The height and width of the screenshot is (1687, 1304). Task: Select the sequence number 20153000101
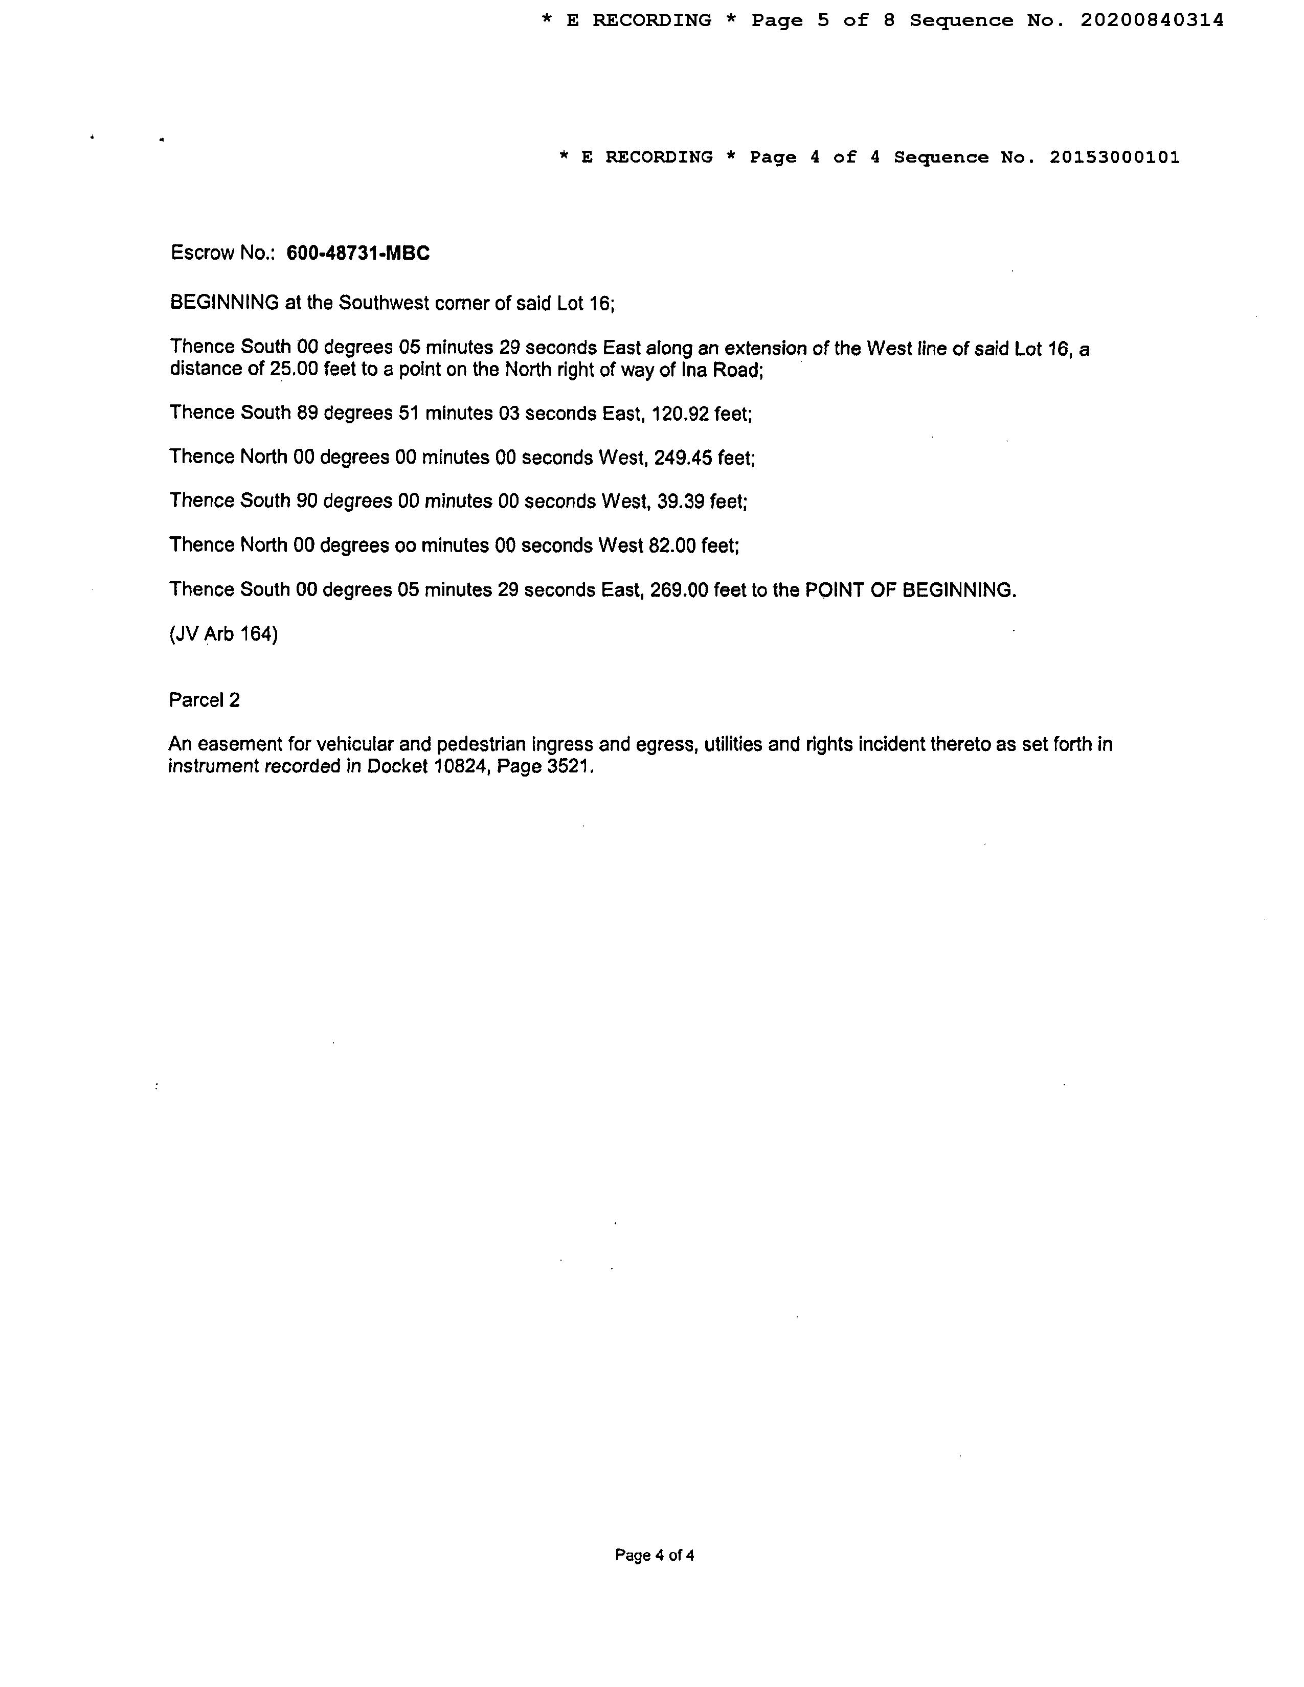1114,157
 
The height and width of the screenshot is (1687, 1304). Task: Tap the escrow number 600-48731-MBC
357,254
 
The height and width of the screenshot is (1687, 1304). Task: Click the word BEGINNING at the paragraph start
224,303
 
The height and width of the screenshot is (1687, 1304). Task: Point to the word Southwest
384,303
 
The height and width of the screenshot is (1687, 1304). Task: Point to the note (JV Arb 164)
223,634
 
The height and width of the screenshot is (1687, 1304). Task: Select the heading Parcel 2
204,700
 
